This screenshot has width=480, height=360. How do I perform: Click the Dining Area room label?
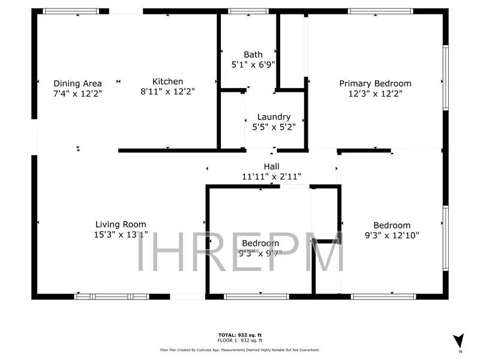[x=77, y=83]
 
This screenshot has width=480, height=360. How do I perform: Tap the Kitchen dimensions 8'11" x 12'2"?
[x=167, y=92]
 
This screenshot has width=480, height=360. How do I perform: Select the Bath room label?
[x=253, y=55]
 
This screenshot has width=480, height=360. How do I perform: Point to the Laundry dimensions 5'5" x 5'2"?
[x=274, y=127]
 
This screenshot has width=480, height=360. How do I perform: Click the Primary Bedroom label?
[x=375, y=83]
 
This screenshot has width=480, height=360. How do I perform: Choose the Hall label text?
[x=271, y=166]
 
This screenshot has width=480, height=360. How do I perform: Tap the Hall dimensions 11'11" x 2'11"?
[x=271, y=176]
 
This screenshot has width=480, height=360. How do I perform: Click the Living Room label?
[x=121, y=225]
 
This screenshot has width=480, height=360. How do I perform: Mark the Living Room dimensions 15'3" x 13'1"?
[x=121, y=235]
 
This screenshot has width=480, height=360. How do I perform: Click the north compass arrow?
[x=458, y=340]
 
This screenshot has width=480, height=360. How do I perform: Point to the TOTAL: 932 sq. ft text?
[x=239, y=334]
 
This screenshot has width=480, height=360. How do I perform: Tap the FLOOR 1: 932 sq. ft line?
[x=239, y=340]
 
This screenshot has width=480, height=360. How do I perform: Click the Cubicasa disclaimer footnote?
[x=239, y=349]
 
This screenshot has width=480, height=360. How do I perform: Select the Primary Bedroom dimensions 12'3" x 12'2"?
[x=375, y=93]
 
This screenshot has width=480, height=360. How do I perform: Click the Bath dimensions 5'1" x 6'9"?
[x=253, y=64]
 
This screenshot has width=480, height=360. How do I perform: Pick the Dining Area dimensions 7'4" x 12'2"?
[x=77, y=93]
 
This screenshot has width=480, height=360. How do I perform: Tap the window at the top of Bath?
[x=248, y=11]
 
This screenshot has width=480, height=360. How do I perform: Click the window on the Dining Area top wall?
[x=71, y=11]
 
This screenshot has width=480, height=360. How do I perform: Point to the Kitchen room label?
[x=167, y=82]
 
